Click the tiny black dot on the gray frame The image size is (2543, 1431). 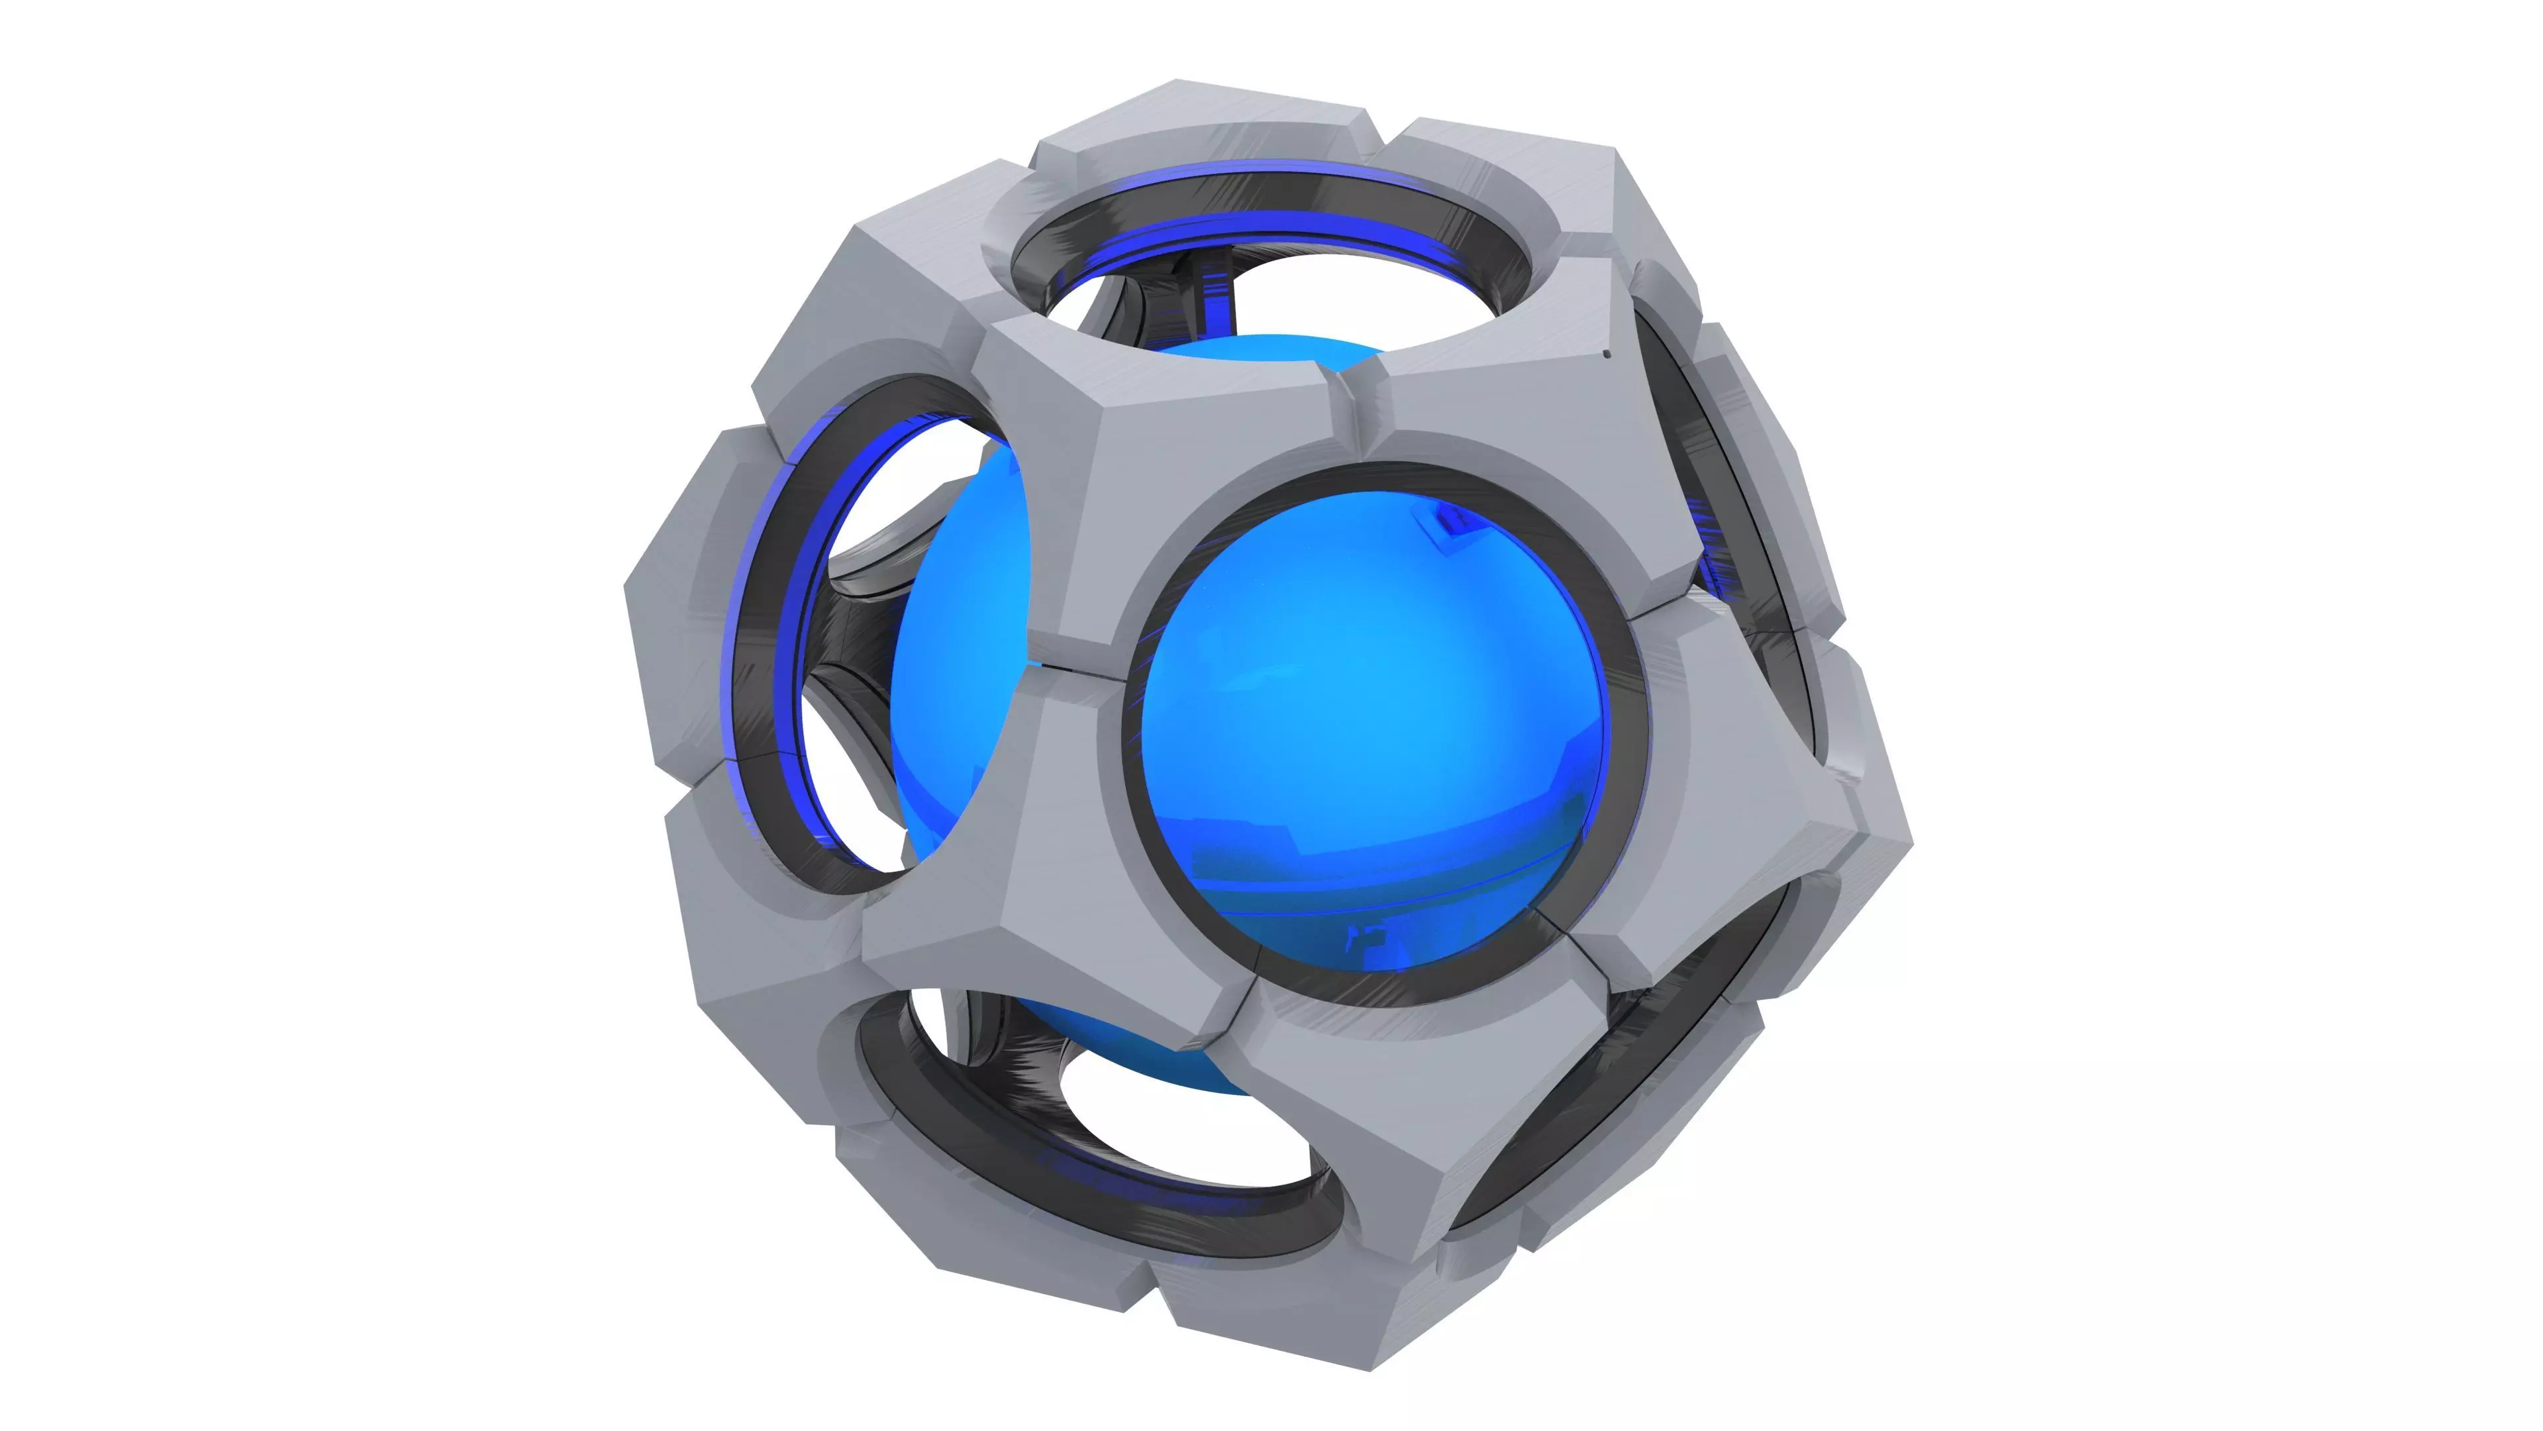tap(1606, 354)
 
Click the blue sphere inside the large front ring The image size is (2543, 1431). tap(1372, 731)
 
